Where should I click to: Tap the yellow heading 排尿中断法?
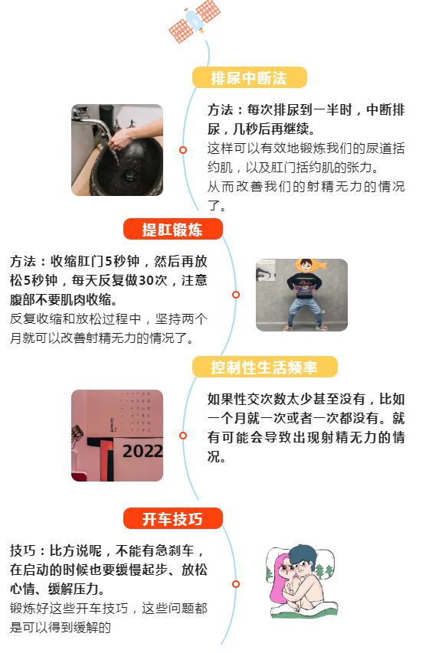click(x=249, y=78)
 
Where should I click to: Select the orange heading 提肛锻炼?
click(x=173, y=230)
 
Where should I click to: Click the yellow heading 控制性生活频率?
click(x=264, y=367)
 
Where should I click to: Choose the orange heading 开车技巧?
click(x=173, y=519)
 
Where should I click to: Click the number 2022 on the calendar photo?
click(x=142, y=451)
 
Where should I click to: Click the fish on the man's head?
click(x=310, y=265)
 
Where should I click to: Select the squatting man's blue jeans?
click(x=303, y=310)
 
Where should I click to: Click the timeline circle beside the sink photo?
click(x=183, y=150)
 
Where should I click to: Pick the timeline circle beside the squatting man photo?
click(x=236, y=295)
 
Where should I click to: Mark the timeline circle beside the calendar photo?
click(x=183, y=436)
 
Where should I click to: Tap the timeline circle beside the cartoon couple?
click(x=236, y=584)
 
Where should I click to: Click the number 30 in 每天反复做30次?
click(x=146, y=280)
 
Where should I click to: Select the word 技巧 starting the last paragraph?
click(x=23, y=550)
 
